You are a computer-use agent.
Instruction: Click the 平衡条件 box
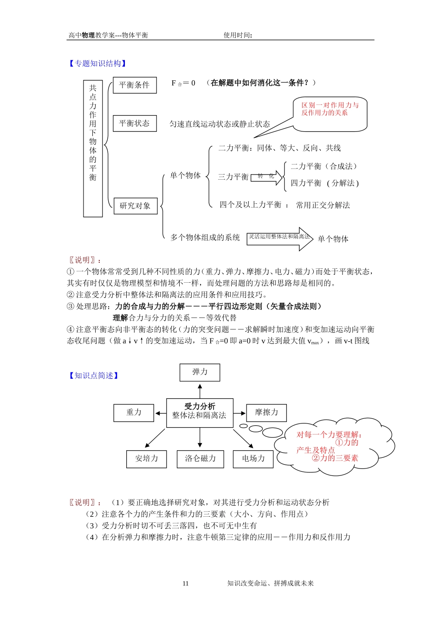pyautogui.click(x=135, y=85)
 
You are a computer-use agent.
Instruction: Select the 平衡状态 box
pyautogui.click(x=135, y=123)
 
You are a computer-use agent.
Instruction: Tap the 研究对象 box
pyautogui.click(x=136, y=206)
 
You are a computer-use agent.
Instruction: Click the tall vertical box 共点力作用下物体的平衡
pyautogui.click(x=93, y=149)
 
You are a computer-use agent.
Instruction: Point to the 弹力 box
pyautogui.click(x=200, y=372)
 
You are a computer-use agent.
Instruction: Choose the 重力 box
pyautogui.click(x=134, y=413)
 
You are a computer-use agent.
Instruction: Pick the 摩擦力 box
pyautogui.click(x=266, y=413)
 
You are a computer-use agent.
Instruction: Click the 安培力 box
pyautogui.click(x=146, y=459)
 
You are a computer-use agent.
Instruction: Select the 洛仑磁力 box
pyautogui.click(x=200, y=459)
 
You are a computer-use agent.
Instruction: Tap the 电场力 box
pyautogui.click(x=253, y=459)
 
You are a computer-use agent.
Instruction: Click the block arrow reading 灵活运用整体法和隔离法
pyautogui.click(x=279, y=239)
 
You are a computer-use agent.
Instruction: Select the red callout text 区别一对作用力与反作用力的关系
pyautogui.click(x=330, y=109)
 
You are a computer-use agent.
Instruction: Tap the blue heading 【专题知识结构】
pyautogui.click(x=97, y=64)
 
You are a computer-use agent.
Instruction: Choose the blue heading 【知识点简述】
pyautogui.click(x=94, y=376)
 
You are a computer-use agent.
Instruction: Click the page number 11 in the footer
pyautogui.click(x=186, y=584)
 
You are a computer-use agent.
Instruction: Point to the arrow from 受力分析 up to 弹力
pyautogui.click(x=200, y=390)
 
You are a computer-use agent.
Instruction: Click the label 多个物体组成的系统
pyautogui.click(x=205, y=238)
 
